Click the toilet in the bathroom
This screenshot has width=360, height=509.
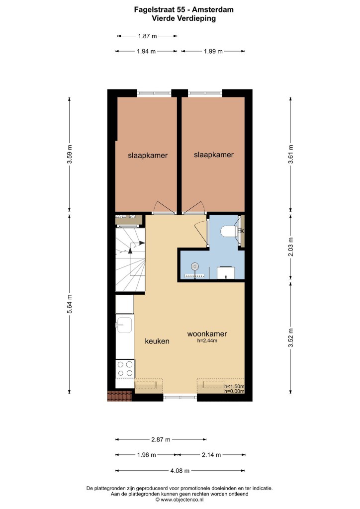click(229, 232)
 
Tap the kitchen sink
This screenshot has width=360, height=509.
click(124, 325)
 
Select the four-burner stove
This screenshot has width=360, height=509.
click(125, 369)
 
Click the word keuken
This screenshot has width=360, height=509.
click(157, 341)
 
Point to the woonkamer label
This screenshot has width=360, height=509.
click(207, 334)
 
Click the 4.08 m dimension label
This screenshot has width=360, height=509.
click(180, 470)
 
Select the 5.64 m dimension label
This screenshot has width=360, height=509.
click(69, 304)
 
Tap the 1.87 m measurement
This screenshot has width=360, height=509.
click(147, 36)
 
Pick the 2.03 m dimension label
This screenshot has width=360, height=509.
click(290, 247)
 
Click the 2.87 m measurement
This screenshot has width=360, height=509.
click(161, 439)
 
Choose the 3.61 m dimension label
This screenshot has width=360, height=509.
click(290, 154)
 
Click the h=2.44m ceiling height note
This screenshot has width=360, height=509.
click(207, 340)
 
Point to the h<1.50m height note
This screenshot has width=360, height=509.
click(234, 386)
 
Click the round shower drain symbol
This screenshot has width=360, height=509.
click(195, 266)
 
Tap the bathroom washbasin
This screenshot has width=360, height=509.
click(226, 273)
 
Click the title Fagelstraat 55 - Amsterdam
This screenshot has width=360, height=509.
click(184, 10)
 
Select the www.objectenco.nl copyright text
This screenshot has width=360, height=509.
click(179, 500)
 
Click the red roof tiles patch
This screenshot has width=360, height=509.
click(119, 396)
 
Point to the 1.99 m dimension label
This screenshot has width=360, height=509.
click(213, 51)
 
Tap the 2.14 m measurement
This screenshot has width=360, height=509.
click(211, 455)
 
